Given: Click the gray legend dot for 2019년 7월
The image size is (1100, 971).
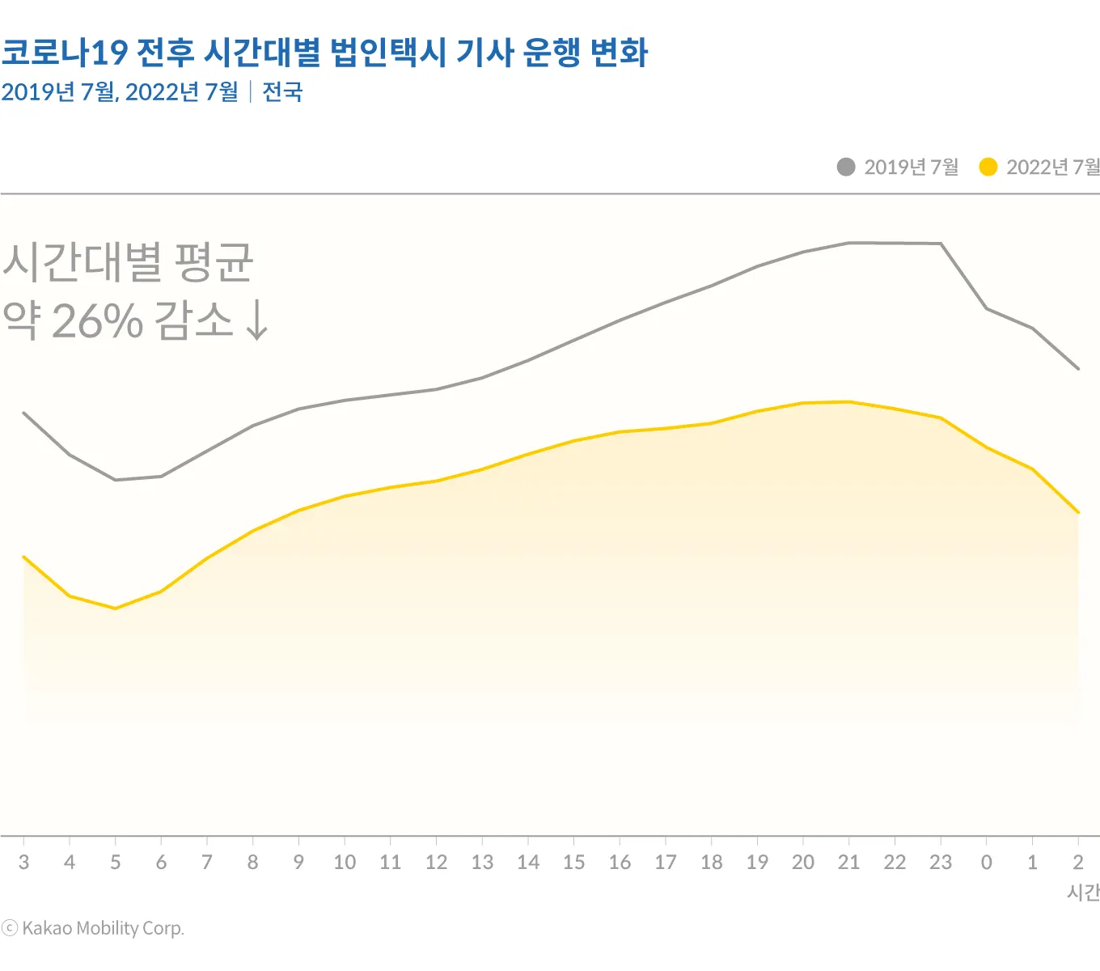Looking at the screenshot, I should (846, 167).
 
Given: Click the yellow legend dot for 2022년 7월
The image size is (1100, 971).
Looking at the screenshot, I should (988, 167).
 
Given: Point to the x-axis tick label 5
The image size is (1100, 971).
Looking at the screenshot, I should (116, 863).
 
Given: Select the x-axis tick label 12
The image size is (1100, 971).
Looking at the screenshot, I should (436, 863).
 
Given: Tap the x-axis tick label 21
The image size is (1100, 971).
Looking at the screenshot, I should (848, 863).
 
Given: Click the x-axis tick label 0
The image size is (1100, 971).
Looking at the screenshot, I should (987, 863).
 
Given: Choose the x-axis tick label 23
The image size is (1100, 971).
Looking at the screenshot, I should (941, 863).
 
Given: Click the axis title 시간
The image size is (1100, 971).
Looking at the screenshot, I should (1083, 893).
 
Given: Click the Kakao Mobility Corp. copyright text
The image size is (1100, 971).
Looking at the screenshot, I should (93, 928).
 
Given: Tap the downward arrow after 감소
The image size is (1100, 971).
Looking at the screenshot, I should (256, 320).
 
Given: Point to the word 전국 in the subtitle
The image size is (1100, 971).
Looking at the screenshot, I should (282, 92).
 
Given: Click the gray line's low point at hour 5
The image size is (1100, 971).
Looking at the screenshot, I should (116, 480).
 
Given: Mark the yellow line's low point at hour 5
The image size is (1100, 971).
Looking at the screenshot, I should (116, 608).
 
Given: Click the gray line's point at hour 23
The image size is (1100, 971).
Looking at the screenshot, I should (941, 244).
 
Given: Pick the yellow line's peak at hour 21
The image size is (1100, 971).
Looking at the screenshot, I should (848, 401).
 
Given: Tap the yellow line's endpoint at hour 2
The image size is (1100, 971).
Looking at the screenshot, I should (1078, 512).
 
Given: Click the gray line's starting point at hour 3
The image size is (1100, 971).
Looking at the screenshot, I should (24, 413).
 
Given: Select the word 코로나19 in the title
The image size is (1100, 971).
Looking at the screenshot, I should (65, 53).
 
